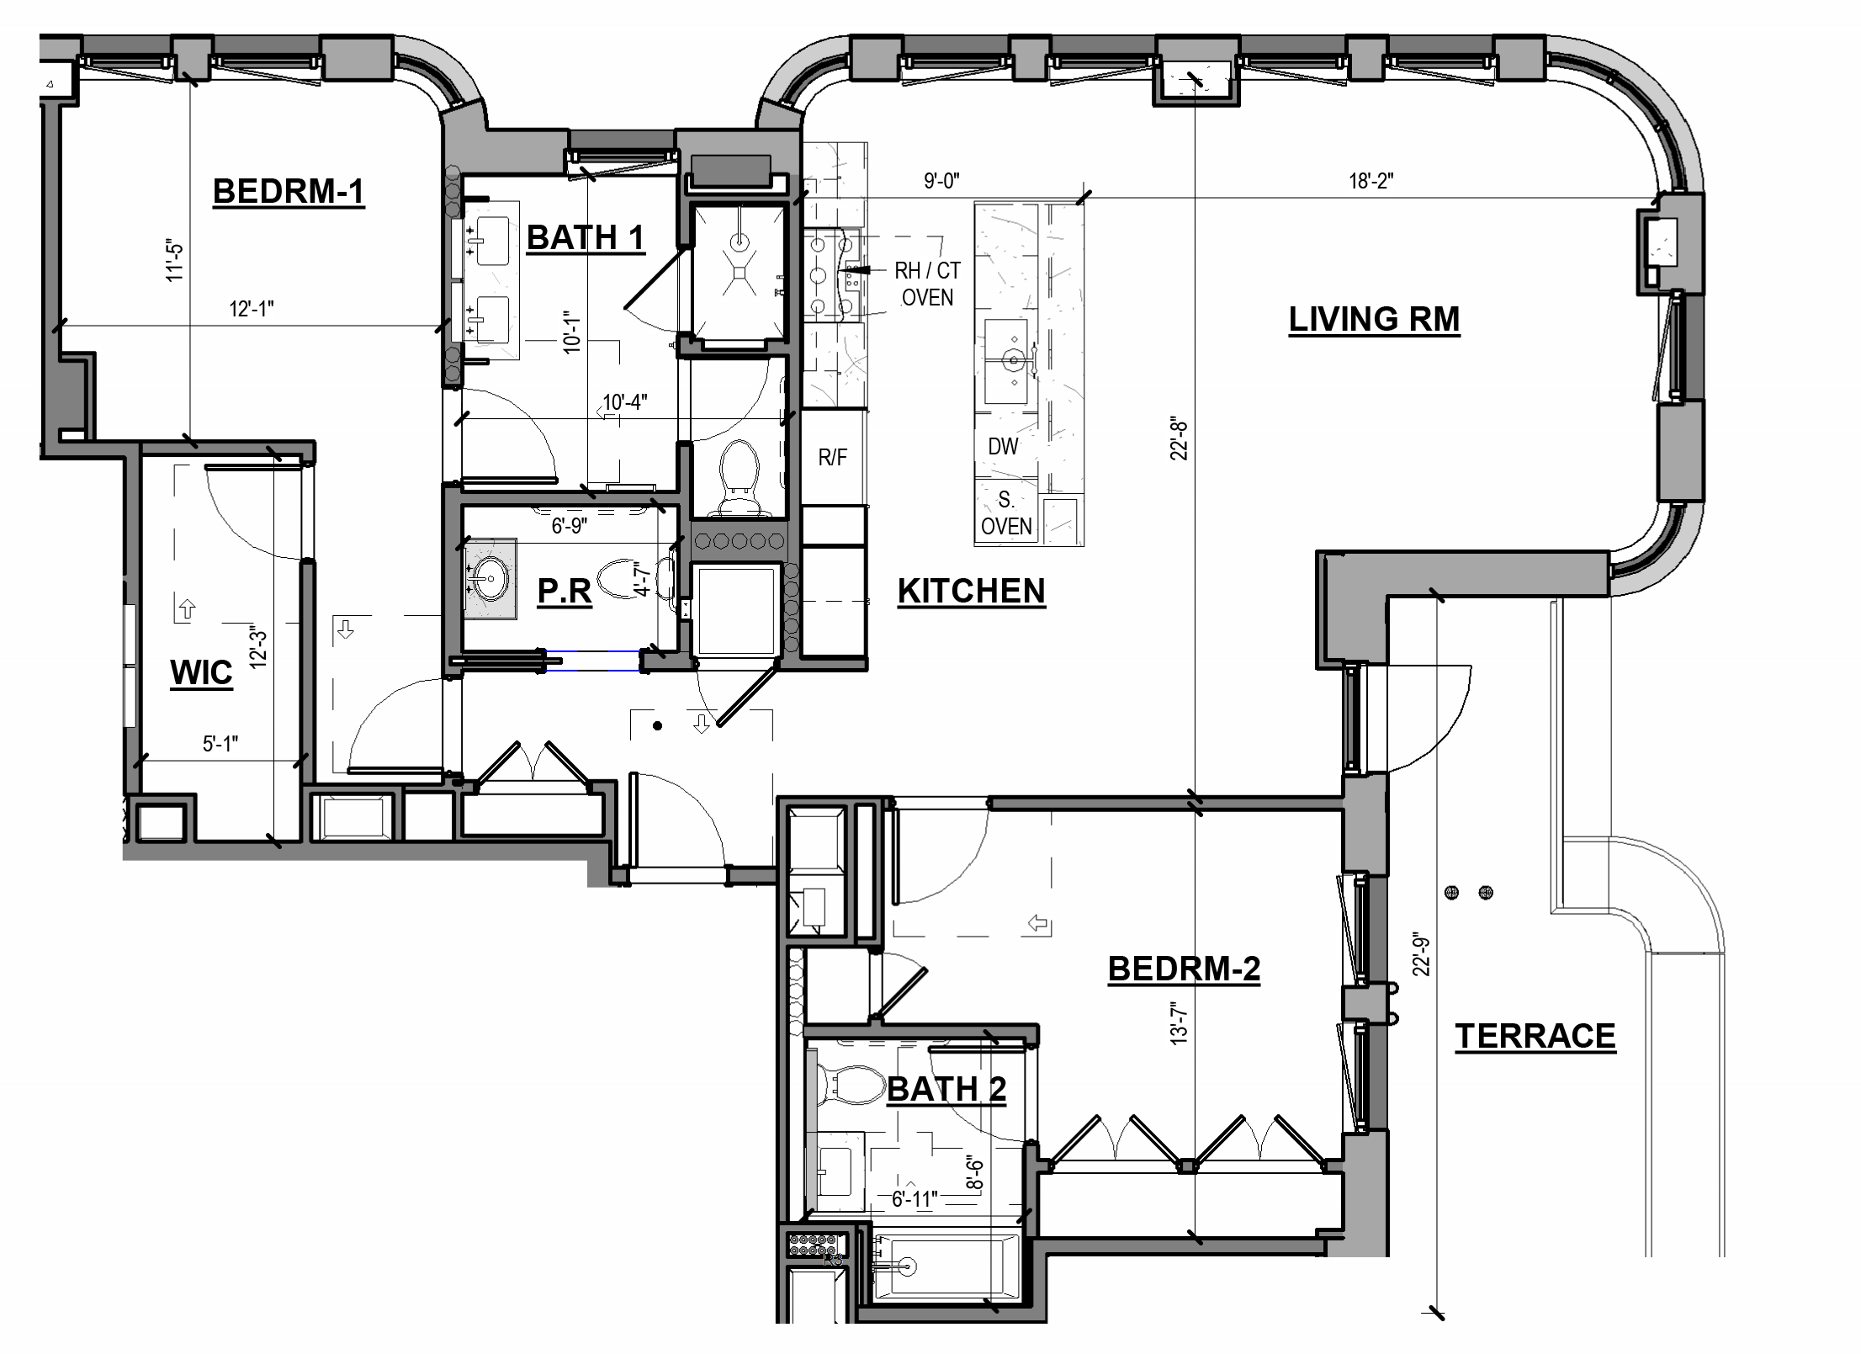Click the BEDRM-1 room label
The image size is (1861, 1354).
289,191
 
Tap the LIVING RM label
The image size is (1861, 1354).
1374,319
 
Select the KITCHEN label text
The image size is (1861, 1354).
971,591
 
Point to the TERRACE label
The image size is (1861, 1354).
1535,1036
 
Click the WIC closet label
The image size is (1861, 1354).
201,672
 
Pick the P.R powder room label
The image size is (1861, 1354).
565,591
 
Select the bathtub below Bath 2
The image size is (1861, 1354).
946,1266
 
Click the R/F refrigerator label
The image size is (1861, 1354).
832,458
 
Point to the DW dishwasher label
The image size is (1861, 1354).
1003,447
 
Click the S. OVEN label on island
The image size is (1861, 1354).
1006,514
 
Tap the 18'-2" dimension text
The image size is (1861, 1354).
1371,181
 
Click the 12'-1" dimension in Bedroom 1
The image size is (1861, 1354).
252,309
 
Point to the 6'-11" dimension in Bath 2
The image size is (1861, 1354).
915,1198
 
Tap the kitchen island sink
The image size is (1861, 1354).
1014,362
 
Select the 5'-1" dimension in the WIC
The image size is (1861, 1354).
220,744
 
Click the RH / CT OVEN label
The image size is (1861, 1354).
927,284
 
